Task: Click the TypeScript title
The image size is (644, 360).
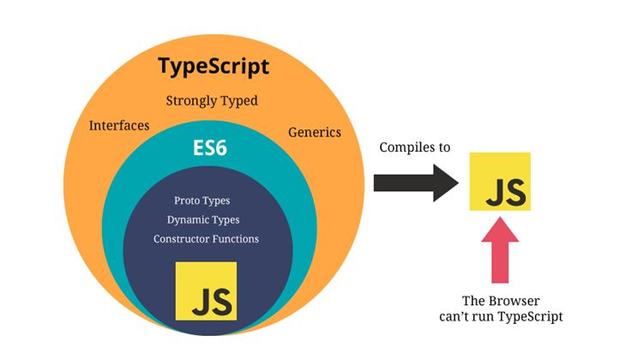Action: point(214,66)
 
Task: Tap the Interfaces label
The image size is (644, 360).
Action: point(119,126)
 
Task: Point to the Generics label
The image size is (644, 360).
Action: point(314,132)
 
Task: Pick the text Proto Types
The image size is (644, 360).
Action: point(202,201)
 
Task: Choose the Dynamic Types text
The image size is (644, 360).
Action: point(205,219)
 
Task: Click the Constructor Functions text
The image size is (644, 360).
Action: point(206,238)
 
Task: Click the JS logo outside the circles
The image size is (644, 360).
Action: point(500,182)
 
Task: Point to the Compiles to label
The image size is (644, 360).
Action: point(414,147)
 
